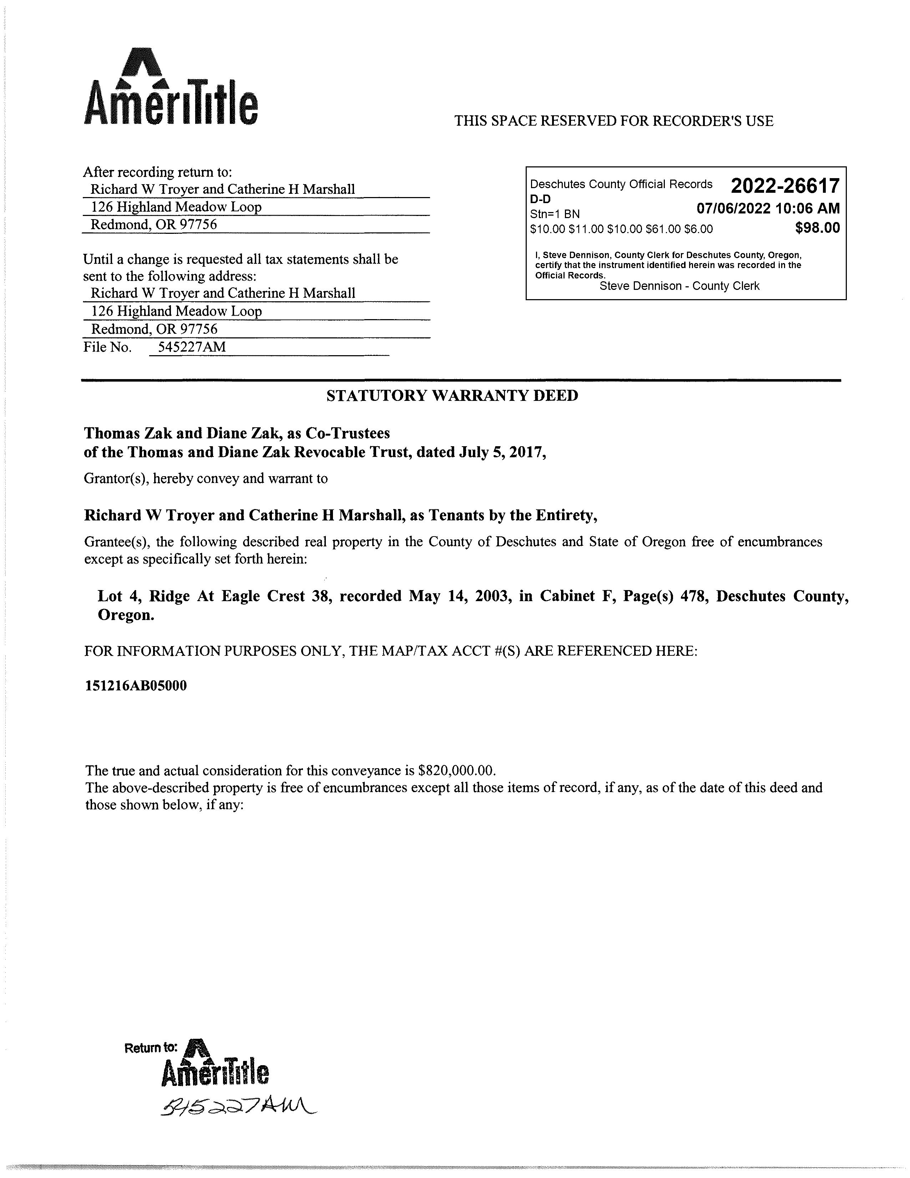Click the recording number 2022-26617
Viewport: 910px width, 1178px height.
[785, 186]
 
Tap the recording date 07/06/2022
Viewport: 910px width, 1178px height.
[733, 209]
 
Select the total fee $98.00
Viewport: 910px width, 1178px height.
[817, 228]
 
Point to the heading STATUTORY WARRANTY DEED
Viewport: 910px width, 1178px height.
[452, 396]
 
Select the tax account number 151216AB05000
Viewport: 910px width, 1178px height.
[136, 686]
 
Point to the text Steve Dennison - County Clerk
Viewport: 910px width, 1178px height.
[679, 286]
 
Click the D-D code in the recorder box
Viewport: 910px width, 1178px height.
[540, 198]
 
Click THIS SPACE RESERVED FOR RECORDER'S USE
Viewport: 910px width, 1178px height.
[613, 121]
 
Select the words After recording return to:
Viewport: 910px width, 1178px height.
[157, 172]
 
